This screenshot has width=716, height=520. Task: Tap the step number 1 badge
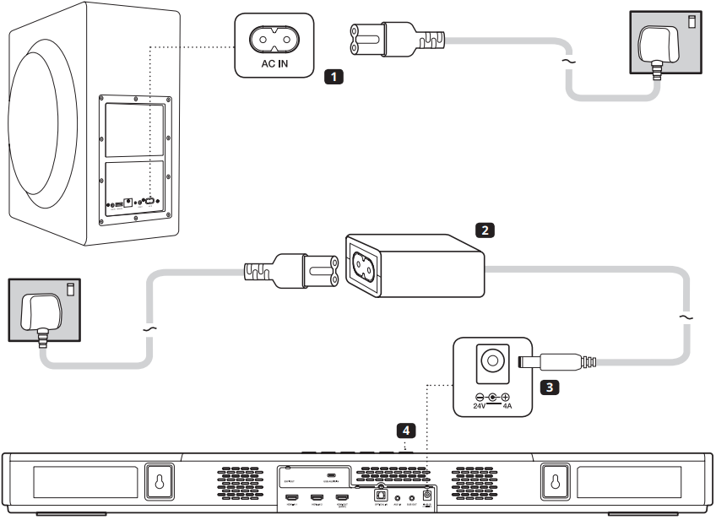[x=334, y=78]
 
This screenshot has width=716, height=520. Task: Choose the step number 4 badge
[x=407, y=431]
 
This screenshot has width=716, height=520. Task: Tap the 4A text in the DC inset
[x=507, y=405]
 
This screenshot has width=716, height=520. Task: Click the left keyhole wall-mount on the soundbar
[x=160, y=482]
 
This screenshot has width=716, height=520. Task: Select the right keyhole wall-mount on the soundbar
[x=555, y=482]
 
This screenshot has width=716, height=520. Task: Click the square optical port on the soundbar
[x=381, y=496]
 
